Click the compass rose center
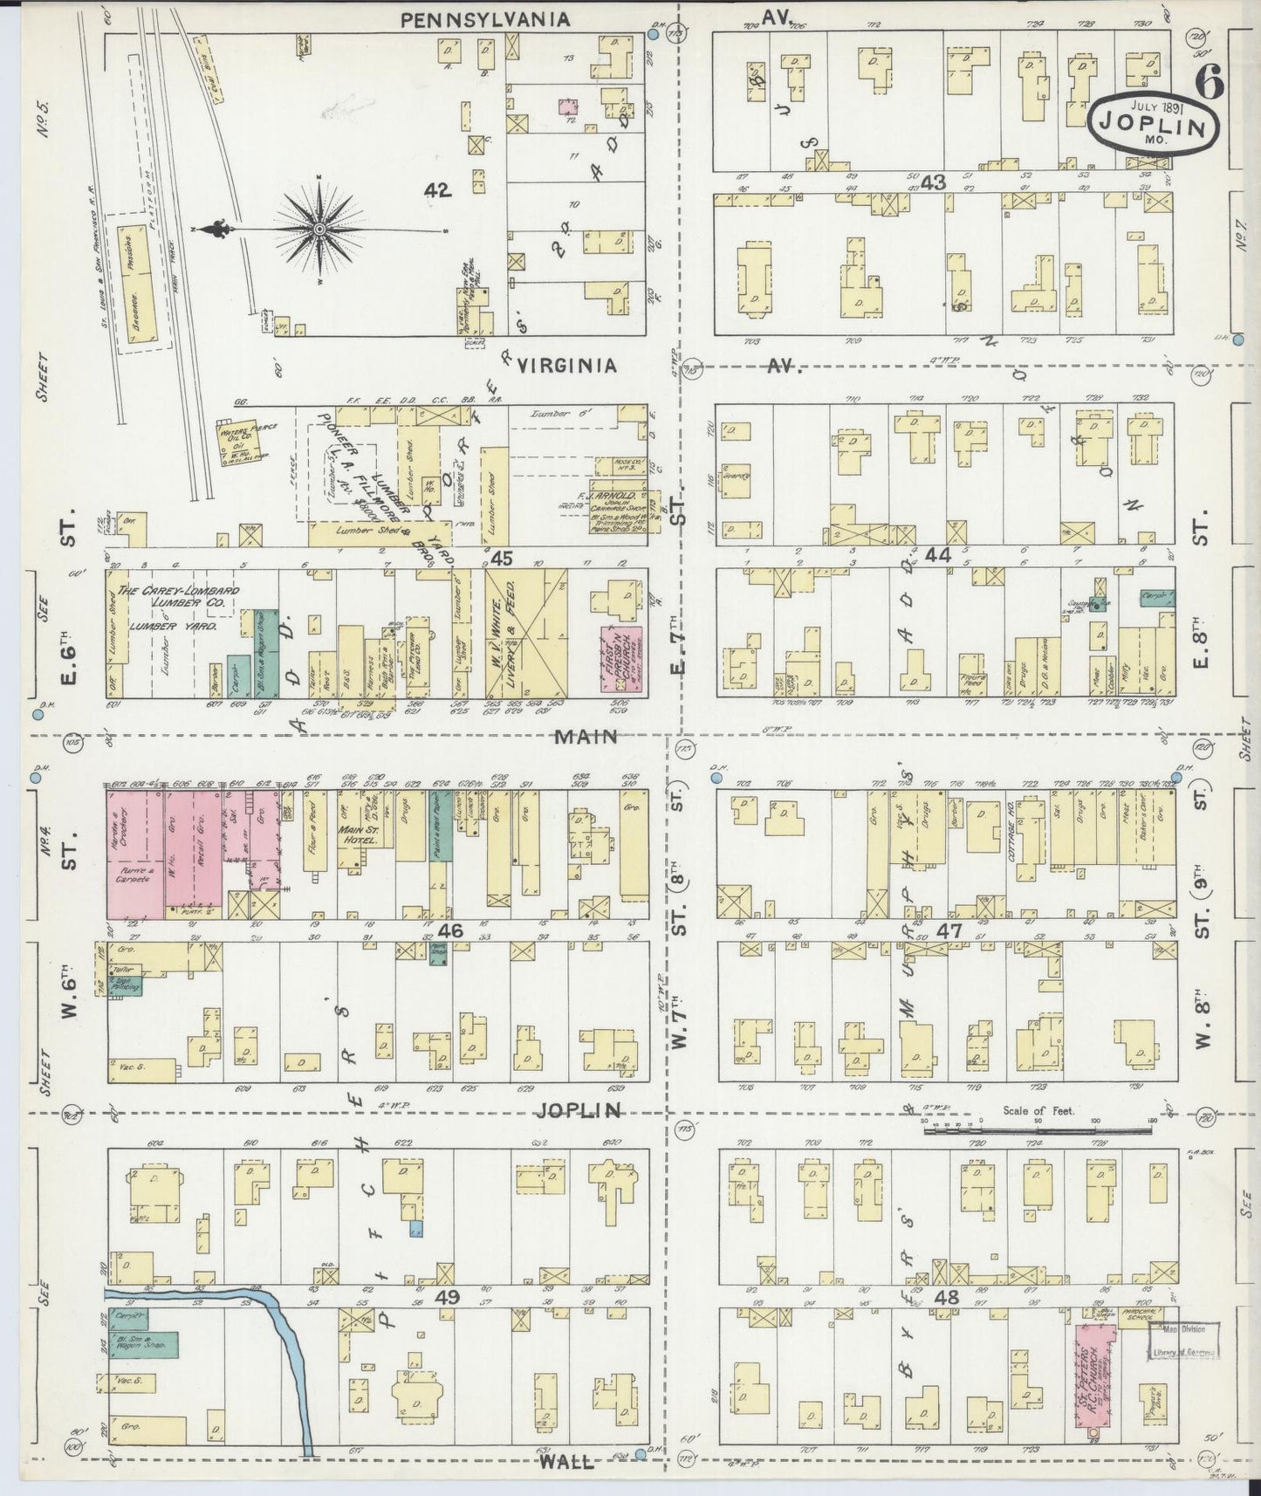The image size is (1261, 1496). point(319,230)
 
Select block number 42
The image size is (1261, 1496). point(438,190)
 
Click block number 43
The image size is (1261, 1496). point(933,182)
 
